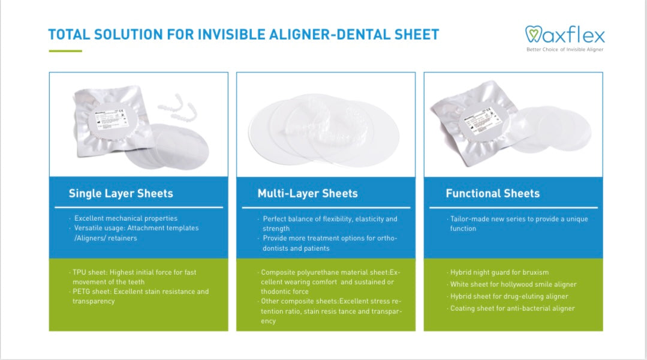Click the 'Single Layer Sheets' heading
[x=121, y=193]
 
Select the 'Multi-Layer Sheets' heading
[x=308, y=193]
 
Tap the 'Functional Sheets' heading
[x=492, y=193]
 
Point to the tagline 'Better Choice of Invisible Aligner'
[x=564, y=49]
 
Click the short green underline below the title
[x=65, y=51]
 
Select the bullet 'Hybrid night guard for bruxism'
[x=499, y=272]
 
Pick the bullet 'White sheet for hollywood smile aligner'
[x=513, y=284]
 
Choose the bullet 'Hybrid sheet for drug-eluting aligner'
[x=509, y=296]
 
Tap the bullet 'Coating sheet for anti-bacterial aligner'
[x=512, y=308]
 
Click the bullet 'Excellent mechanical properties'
[x=125, y=218]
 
